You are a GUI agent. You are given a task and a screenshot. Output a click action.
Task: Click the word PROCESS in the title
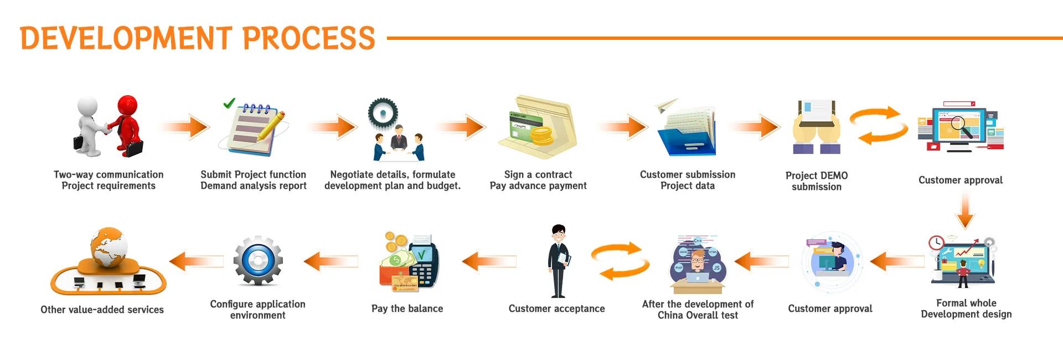tap(308, 38)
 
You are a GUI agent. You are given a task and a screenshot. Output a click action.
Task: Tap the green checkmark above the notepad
tap(229, 103)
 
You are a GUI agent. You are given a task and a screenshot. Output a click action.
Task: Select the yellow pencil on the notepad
tap(271, 127)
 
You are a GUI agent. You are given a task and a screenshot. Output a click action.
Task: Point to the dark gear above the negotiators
tap(383, 113)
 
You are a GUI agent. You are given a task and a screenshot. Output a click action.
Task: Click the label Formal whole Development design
tap(966, 308)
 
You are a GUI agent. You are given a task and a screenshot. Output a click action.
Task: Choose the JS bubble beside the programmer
tap(716, 268)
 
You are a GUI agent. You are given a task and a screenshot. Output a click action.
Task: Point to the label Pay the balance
tap(407, 308)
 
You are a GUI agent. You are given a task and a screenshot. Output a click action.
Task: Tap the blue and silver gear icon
tap(258, 260)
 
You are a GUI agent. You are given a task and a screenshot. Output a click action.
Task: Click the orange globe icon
tap(109, 248)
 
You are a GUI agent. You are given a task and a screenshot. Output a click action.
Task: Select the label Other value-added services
tap(102, 310)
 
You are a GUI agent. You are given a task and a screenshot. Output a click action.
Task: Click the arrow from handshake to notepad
tap(186, 127)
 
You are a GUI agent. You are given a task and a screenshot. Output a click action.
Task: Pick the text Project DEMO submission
tap(817, 181)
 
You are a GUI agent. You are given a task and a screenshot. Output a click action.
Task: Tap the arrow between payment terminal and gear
tap(331, 261)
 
